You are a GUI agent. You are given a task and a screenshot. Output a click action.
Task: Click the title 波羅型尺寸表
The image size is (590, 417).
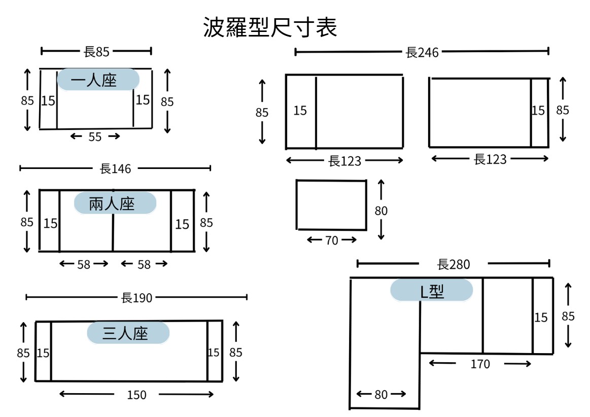[x=270, y=27]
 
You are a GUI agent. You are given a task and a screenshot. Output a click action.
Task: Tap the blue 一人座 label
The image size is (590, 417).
[x=98, y=80]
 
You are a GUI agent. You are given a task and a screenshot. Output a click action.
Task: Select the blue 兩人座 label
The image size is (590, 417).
[x=115, y=203]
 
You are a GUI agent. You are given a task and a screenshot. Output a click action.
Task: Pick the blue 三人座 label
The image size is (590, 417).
[x=128, y=333]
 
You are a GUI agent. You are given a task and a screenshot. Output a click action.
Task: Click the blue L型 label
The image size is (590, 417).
[x=431, y=291]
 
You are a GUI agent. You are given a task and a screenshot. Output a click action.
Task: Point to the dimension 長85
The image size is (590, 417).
[x=96, y=52]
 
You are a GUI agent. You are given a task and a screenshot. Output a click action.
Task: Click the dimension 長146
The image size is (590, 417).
[x=115, y=168]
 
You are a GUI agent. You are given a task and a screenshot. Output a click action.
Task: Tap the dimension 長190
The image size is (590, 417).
[x=136, y=298]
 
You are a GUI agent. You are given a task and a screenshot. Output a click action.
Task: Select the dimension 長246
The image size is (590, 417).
[x=422, y=52]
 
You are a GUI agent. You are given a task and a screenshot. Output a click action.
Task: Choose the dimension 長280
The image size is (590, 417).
[x=454, y=264]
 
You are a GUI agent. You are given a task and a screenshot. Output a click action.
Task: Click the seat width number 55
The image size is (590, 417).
[x=95, y=136]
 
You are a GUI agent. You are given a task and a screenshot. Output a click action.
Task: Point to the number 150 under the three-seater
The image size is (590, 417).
[x=136, y=395]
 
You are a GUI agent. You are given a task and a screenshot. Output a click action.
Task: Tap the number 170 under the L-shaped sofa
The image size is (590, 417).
[x=480, y=364]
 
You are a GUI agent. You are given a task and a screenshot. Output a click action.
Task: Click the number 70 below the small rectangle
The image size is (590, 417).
[x=331, y=240]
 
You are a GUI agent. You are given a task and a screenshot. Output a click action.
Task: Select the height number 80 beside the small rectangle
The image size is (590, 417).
[x=381, y=211]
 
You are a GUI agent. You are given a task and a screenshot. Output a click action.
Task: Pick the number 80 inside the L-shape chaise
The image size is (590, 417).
[x=381, y=394]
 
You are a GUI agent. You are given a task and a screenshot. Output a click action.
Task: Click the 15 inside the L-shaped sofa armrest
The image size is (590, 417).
[x=541, y=317]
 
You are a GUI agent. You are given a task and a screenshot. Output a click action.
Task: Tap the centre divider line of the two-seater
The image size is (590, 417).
[x=113, y=221]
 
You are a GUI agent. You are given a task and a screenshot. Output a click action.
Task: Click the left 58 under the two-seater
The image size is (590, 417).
[x=84, y=264]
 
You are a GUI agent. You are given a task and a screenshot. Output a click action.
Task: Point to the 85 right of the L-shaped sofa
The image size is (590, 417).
[x=568, y=316]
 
